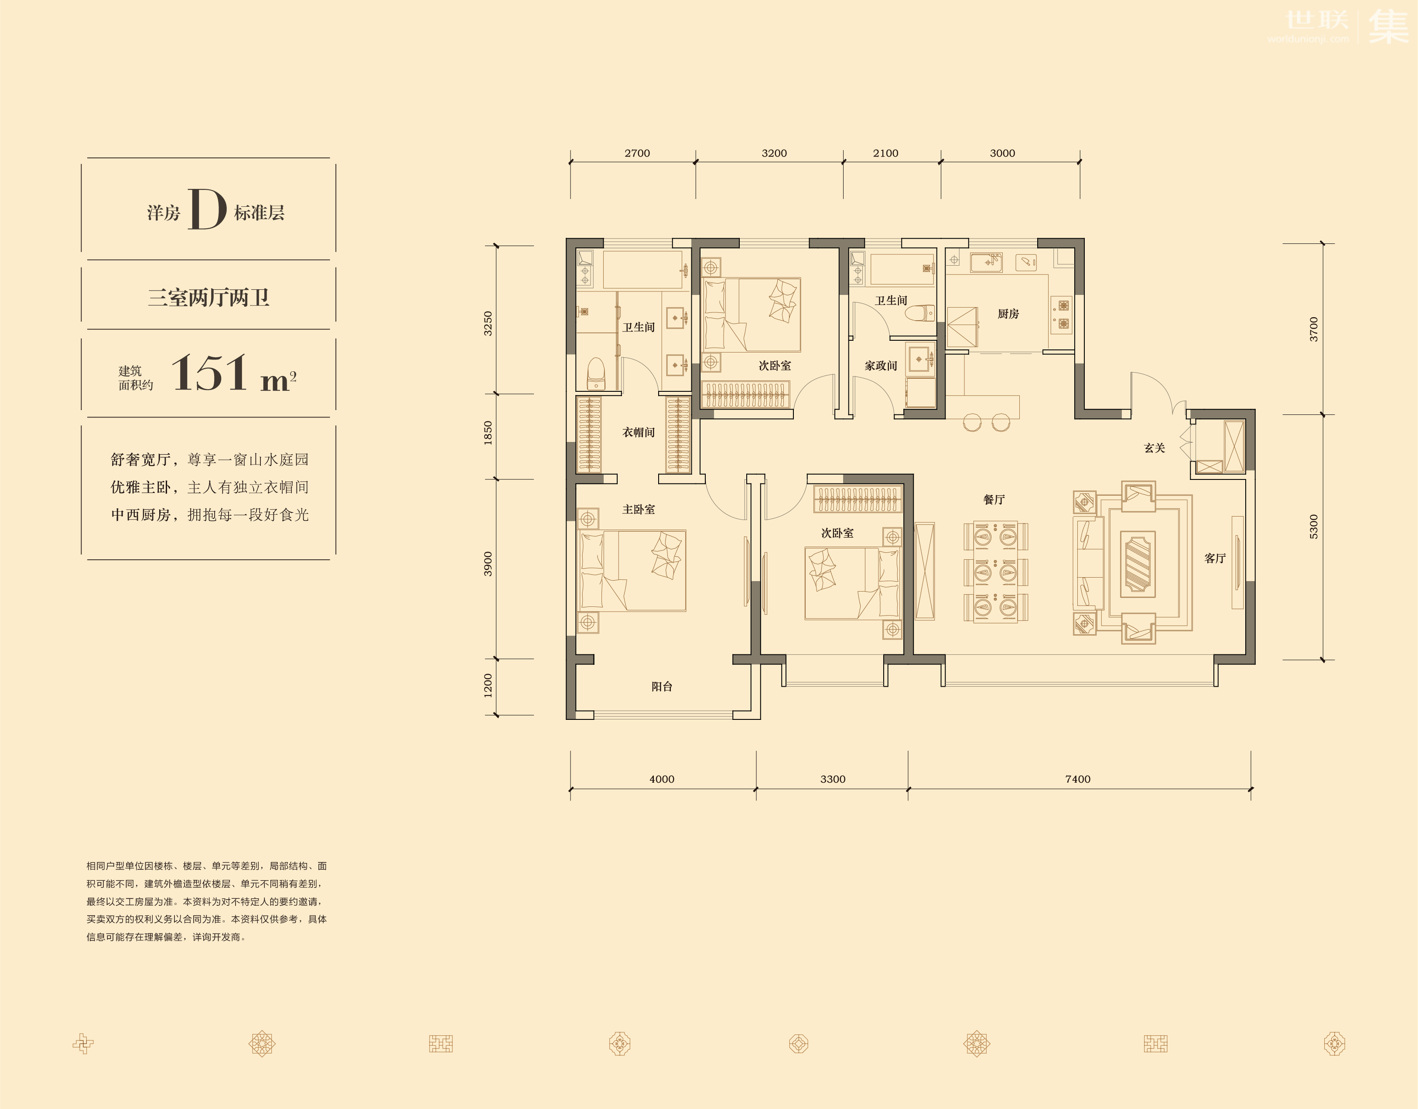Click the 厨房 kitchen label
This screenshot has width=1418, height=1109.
pyautogui.click(x=1008, y=314)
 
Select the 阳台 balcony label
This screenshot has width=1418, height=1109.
pyautogui.click(x=662, y=686)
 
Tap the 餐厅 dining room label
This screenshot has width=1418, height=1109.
pyautogui.click(x=994, y=499)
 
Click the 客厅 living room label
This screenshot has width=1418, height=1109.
pyautogui.click(x=1215, y=558)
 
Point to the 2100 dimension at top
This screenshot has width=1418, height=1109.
pyautogui.click(x=885, y=153)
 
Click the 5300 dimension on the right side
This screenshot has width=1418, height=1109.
pyautogui.click(x=1314, y=527)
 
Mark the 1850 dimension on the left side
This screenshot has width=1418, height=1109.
pyautogui.click(x=488, y=433)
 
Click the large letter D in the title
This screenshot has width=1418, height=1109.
pyautogui.click(x=207, y=209)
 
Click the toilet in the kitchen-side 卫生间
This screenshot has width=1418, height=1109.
pyautogui.click(x=921, y=313)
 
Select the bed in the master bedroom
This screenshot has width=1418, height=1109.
pyautogui.click(x=632, y=571)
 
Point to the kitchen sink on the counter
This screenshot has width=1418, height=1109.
pyautogui.click(x=986, y=263)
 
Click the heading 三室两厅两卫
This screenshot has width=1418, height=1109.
pyautogui.click(x=208, y=298)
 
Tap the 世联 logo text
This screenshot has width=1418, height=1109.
pyautogui.click(x=1317, y=20)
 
